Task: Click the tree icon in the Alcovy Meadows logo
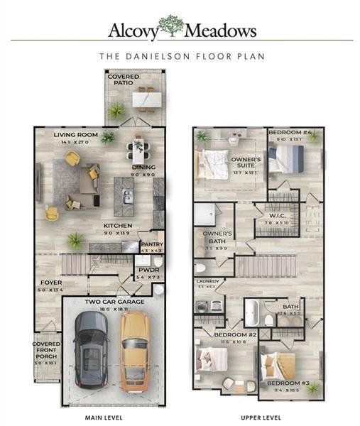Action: pos(170,26)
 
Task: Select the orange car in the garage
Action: pos(133,351)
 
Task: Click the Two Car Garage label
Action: pos(114,302)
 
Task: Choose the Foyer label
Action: pos(50,282)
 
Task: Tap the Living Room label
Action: pos(75,133)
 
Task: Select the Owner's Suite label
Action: pos(246,163)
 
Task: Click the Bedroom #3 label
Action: pos(282,384)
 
